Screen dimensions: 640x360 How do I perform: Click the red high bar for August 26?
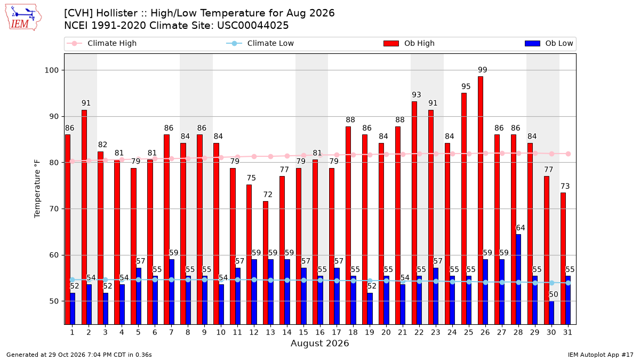[481, 201]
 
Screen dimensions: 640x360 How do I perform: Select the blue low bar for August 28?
[518, 279]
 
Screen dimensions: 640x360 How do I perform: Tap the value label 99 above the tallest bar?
[483, 70]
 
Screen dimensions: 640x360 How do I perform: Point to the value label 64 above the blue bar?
[521, 228]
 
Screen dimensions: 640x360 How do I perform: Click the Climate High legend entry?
[101, 43]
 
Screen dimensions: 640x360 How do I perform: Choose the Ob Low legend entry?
[549, 43]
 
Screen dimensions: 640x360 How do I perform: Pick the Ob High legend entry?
[409, 43]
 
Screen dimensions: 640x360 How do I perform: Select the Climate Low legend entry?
[260, 43]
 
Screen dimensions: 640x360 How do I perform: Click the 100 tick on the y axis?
[51, 70]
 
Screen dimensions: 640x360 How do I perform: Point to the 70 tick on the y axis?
[54, 209]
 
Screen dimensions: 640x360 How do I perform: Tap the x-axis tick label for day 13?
[270, 332]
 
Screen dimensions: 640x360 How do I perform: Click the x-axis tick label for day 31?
[567, 332]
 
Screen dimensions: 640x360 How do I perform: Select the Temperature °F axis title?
[37, 189]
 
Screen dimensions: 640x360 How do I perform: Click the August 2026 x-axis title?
[319, 343]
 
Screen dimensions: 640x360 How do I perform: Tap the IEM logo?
[23, 18]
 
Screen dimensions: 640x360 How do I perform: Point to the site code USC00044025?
[253, 26]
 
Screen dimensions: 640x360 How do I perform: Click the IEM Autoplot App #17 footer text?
[601, 355]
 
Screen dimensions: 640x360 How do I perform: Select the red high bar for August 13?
[266, 263]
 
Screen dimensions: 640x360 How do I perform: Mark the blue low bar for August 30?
[551, 313]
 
